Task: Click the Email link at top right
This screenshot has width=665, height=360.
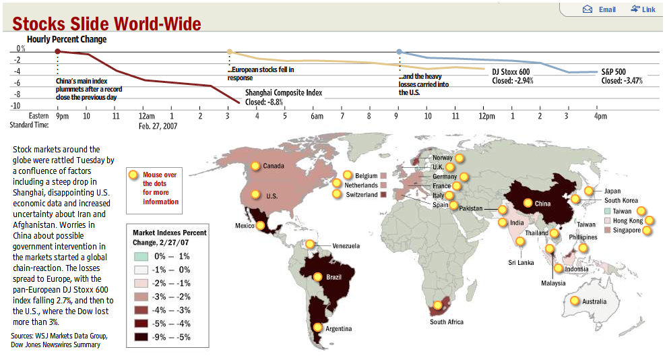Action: [x=600, y=9]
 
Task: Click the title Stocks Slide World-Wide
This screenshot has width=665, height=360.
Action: [x=106, y=24]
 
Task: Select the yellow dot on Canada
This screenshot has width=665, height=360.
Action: [x=255, y=166]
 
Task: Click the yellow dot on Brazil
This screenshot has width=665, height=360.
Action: [x=317, y=276]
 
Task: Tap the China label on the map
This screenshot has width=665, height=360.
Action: [x=542, y=204]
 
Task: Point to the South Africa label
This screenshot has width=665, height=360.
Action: [x=447, y=322]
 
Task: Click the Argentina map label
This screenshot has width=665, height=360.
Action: [x=338, y=329]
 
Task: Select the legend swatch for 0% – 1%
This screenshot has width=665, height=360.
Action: [x=140, y=256]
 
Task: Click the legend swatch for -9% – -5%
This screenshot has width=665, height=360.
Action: [x=140, y=336]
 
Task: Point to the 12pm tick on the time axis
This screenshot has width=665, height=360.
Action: [x=484, y=117]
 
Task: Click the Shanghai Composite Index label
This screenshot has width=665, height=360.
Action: [x=284, y=93]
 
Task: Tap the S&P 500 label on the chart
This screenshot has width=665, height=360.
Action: [x=613, y=71]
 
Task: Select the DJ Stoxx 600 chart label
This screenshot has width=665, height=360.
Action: [x=511, y=71]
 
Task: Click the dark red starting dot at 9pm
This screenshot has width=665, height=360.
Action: [x=58, y=51]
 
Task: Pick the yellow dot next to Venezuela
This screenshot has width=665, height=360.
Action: [x=309, y=245]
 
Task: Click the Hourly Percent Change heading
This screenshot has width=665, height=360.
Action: [x=67, y=39]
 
